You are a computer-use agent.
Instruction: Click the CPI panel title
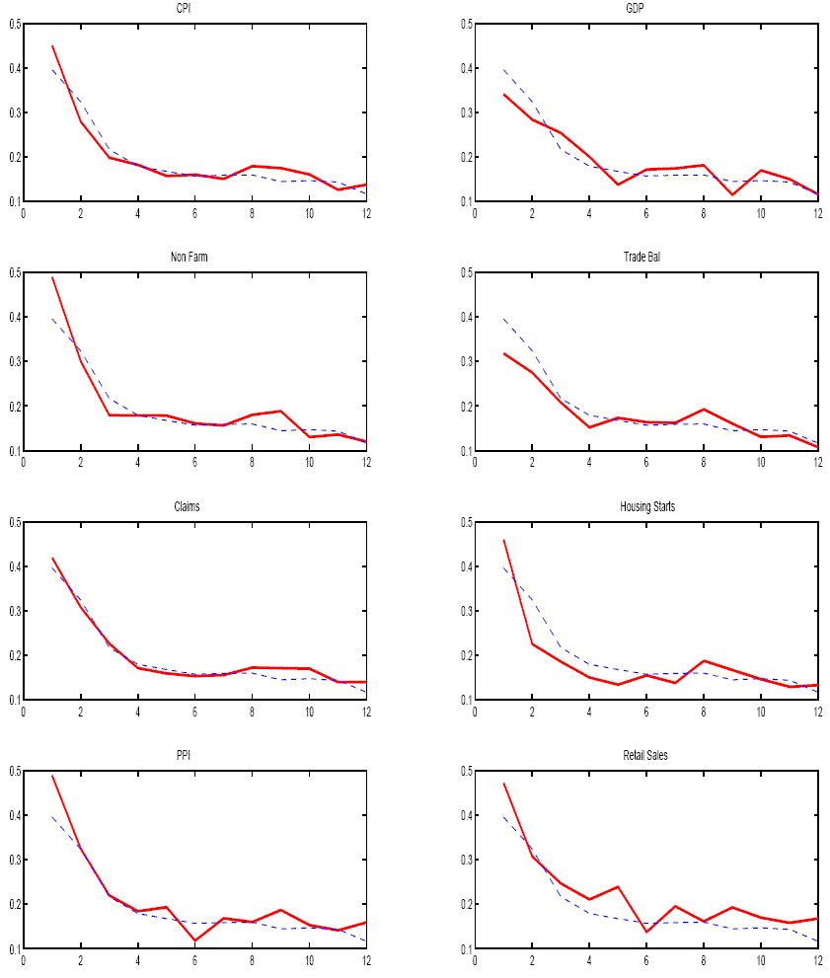194,9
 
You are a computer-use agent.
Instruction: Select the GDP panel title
645,9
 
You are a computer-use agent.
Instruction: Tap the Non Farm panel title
194,259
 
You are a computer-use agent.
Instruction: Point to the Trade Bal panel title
645,259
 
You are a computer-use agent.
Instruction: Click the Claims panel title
194,507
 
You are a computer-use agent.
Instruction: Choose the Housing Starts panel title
645,507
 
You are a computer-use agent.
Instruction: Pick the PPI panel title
194,757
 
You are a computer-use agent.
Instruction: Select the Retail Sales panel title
645,757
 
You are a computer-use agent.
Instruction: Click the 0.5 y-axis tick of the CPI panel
12,24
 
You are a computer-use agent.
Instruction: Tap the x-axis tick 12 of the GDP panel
817,211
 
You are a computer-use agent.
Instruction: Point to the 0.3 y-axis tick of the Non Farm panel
12,361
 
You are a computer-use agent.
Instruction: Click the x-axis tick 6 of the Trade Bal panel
645,461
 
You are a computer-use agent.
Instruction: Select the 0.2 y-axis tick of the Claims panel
12,655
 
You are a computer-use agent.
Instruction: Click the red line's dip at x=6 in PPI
194,940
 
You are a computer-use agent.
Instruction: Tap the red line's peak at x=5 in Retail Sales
617,886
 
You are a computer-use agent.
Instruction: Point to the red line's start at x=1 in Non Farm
51,277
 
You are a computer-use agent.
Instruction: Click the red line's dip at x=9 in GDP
731,193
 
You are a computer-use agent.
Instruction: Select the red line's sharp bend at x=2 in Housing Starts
531,643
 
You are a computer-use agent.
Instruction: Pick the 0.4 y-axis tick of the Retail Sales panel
463,815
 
